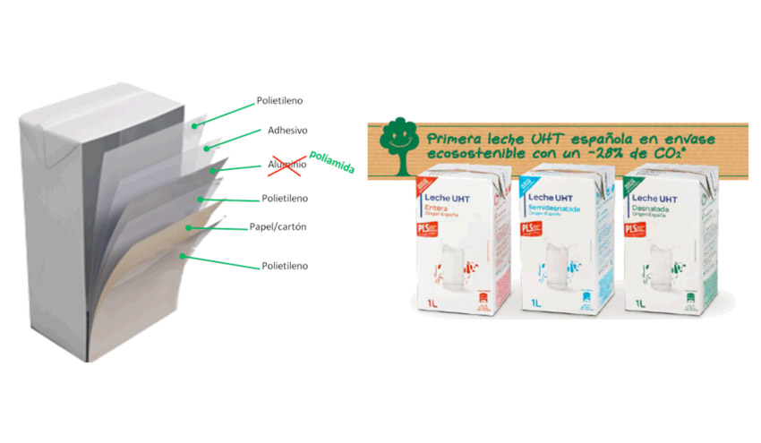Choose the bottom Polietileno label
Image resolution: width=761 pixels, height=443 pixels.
pos(284,266)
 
